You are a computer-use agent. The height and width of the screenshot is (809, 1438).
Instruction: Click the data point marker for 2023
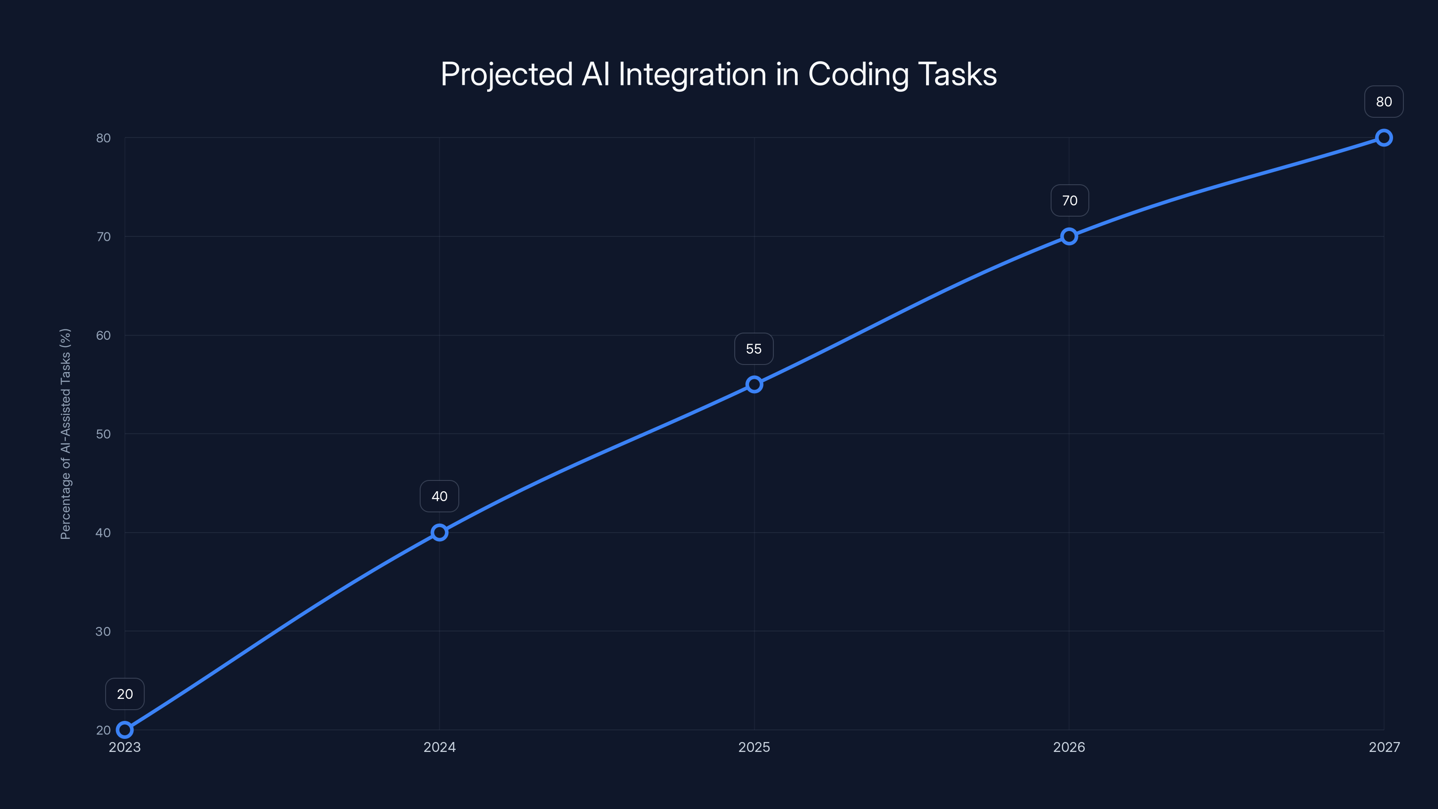[x=124, y=730]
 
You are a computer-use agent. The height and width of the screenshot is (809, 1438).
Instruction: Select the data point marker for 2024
[x=439, y=533]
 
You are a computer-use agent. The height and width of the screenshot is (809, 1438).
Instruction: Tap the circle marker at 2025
[x=754, y=384]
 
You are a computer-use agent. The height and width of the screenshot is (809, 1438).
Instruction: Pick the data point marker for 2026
[x=1069, y=236]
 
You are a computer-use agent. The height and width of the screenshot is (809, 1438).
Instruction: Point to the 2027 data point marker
[x=1384, y=138]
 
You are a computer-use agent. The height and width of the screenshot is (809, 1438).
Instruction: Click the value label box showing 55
[x=754, y=349]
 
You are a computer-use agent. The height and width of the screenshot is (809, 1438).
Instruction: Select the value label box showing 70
[x=1070, y=200]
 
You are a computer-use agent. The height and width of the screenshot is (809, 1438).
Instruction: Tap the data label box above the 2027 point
[x=1384, y=102]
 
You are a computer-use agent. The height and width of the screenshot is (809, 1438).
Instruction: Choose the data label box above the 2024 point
[x=439, y=496]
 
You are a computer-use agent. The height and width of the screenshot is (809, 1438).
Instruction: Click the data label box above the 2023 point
[x=124, y=694]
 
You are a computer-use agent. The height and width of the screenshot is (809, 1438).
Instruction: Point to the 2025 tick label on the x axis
[x=754, y=747]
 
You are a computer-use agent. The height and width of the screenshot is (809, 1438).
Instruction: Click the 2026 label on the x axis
[x=1069, y=747]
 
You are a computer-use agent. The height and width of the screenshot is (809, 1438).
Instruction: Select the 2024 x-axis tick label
[x=439, y=747]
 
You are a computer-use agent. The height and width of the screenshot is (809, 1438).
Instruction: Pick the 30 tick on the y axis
[x=103, y=631]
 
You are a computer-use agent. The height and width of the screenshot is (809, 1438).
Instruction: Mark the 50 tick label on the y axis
[x=103, y=434]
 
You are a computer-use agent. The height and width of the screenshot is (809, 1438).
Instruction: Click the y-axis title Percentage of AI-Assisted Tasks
[x=65, y=434]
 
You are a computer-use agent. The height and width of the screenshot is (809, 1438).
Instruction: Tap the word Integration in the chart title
[x=692, y=75]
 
